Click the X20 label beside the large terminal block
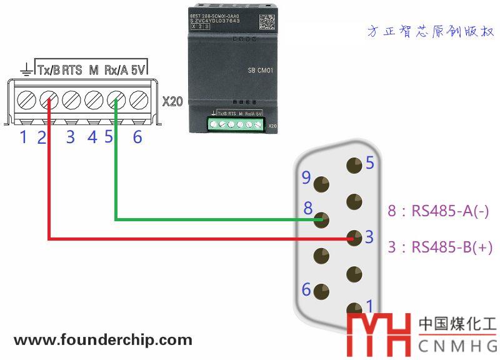tap(172, 101)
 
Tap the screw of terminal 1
tap(26, 99)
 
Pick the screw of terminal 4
tap(94, 99)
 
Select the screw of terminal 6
tap(138, 99)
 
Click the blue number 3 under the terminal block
tap(70, 137)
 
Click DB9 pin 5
tap(354, 166)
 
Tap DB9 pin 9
tap(322, 184)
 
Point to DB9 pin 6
tap(322, 291)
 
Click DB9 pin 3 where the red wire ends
tap(354, 238)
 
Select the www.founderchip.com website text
tap(103, 341)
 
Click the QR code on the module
tap(266, 21)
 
